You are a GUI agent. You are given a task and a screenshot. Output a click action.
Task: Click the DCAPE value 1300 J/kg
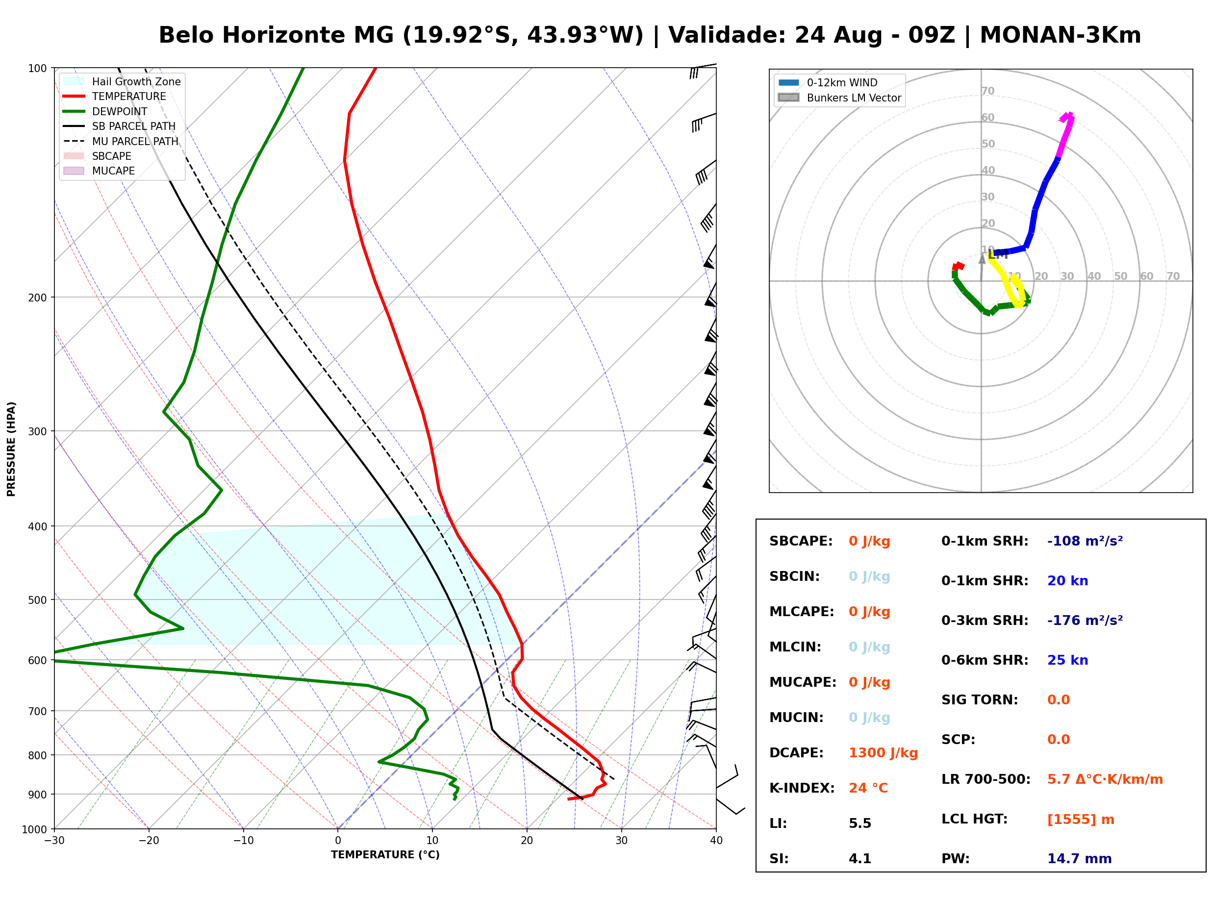click(x=883, y=753)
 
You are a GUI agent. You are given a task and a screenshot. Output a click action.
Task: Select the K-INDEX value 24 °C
click(x=868, y=788)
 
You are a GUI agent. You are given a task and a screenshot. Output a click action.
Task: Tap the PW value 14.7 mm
click(x=1080, y=859)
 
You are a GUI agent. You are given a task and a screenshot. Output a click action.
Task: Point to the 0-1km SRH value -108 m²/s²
click(x=1085, y=541)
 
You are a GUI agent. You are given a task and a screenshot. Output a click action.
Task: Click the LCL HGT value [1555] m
click(x=1081, y=820)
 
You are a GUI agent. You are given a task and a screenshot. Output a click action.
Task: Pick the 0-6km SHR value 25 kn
click(x=1067, y=660)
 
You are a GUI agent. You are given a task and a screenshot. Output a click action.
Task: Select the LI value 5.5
click(x=860, y=823)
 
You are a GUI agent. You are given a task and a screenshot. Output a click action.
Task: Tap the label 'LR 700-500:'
click(x=986, y=780)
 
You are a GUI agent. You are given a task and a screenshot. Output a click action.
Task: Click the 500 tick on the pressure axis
click(x=37, y=600)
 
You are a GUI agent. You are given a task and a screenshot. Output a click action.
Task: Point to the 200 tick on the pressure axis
click(x=37, y=298)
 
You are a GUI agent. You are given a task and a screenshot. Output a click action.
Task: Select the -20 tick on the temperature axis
click(x=149, y=841)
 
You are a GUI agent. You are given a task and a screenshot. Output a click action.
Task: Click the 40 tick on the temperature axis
click(x=716, y=841)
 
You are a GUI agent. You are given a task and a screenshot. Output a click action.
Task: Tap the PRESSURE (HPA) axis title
click(x=11, y=449)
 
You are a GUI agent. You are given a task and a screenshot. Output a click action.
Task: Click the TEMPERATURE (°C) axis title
click(x=385, y=855)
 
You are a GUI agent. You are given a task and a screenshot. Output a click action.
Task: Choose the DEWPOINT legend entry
click(x=105, y=111)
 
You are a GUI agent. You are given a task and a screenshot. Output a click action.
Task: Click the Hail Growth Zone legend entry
click(x=122, y=81)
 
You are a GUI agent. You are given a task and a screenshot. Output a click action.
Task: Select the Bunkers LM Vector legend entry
click(x=839, y=98)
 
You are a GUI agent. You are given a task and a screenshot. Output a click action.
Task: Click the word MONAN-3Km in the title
click(x=1060, y=35)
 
